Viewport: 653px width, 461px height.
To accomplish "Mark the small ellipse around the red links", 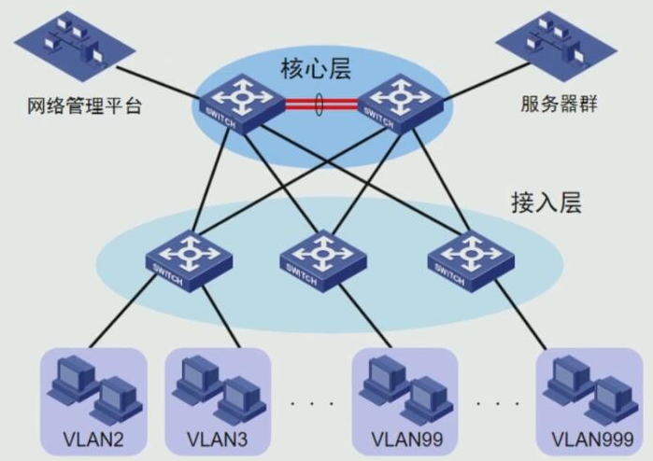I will point(320,104).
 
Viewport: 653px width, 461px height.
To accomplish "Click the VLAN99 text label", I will point(406,439).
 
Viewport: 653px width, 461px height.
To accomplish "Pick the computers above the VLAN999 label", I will point(589,388).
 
